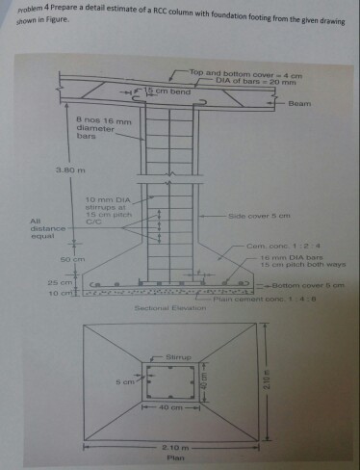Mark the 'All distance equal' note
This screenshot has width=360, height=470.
46,228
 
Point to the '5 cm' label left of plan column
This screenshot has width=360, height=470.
127,381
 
